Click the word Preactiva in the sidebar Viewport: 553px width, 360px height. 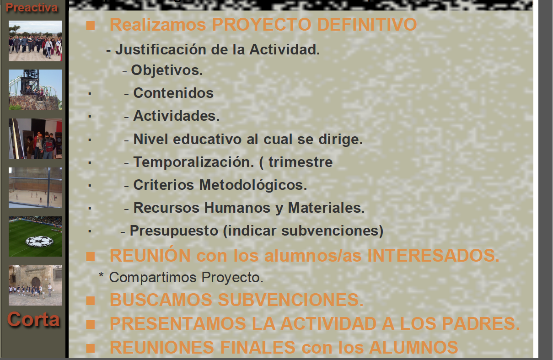pos(32,7)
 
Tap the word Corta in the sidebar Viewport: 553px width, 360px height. pos(33,319)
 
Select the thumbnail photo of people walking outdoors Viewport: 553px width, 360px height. pos(35,41)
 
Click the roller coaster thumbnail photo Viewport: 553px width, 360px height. pos(35,90)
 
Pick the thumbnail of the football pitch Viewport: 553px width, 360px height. pos(35,236)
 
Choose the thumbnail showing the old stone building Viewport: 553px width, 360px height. pos(35,285)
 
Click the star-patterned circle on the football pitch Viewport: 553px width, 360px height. pos(39,241)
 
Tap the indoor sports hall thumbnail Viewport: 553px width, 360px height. pos(35,188)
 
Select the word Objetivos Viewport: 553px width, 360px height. pos(167,70)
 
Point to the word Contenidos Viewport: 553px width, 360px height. pos(173,93)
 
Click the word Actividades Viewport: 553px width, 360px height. pos(176,116)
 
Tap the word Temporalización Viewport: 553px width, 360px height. pos(193,162)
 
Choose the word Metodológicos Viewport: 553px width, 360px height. pos(253,185)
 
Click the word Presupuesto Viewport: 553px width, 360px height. pos(174,231)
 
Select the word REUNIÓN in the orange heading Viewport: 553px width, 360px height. pos(150,255)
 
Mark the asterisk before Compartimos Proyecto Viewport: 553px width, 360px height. pos(101,275)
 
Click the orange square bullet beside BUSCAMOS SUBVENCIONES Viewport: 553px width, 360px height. pos(91,301)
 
